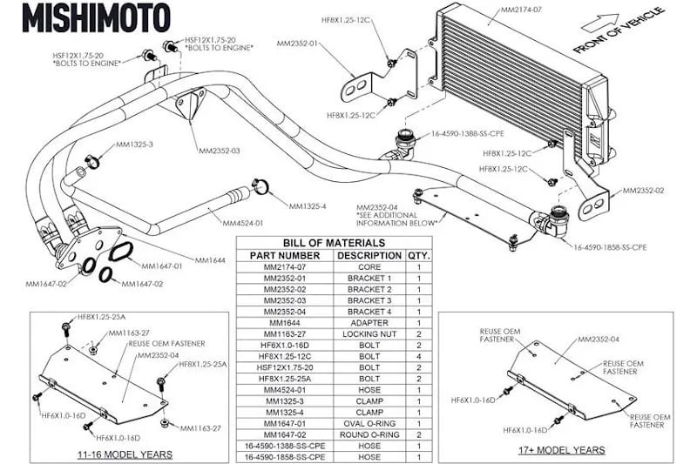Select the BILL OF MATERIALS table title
(x=334, y=242)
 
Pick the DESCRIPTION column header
(x=369, y=255)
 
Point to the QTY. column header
(x=418, y=255)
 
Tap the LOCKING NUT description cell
(x=369, y=333)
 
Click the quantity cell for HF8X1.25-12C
(x=418, y=355)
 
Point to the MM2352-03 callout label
(x=219, y=151)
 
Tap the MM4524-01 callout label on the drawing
(x=231, y=223)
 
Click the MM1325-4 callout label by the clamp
(x=308, y=206)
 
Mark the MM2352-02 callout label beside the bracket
(x=644, y=190)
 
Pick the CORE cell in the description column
(x=369, y=266)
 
